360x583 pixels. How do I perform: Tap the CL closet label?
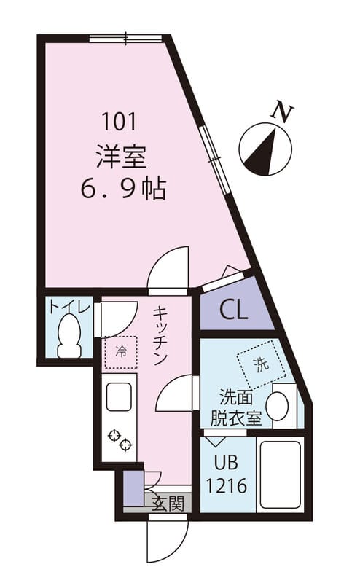[234, 311]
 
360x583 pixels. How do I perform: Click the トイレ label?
[69, 308]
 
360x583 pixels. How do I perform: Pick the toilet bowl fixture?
[70, 336]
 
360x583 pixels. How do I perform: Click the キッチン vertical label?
[161, 336]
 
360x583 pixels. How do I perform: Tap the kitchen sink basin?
[119, 398]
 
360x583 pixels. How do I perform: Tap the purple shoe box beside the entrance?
[133, 488]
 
